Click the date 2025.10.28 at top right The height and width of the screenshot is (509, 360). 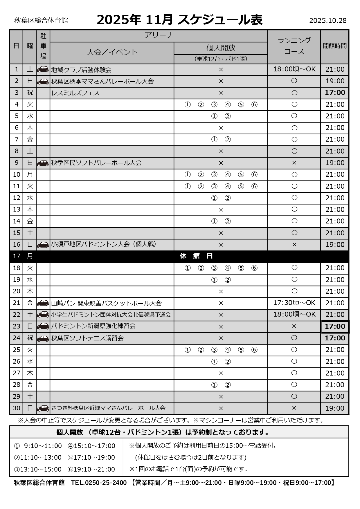click(x=328, y=21)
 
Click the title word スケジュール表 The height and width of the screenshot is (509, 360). click(x=220, y=20)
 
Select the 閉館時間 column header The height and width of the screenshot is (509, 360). click(x=334, y=46)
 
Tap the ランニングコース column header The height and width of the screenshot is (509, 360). click(x=294, y=46)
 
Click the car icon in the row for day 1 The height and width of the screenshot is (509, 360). click(x=43, y=70)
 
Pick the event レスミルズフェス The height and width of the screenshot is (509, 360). click(x=75, y=93)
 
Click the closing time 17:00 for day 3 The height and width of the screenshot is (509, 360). click(x=335, y=93)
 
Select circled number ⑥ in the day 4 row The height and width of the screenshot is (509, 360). click(x=254, y=105)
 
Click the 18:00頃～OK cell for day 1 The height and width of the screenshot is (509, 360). click(x=294, y=69)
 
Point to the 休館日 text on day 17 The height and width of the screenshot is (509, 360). click(x=196, y=256)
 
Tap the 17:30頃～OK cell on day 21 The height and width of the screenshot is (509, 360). click(x=294, y=303)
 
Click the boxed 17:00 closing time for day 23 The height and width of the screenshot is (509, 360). click(x=335, y=326)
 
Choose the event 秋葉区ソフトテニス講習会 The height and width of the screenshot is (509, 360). click(x=87, y=338)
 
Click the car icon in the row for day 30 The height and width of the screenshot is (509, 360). click(x=43, y=408)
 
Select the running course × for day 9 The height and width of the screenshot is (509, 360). click(x=294, y=163)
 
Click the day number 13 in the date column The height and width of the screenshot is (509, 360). click(x=17, y=210)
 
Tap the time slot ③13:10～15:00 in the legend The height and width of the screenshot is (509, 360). click(x=38, y=469)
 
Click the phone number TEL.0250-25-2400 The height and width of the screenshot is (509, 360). click(x=99, y=483)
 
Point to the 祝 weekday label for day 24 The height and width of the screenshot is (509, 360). click(x=30, y=338)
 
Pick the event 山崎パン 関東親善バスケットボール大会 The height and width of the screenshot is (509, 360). click(x=106, y=303)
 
